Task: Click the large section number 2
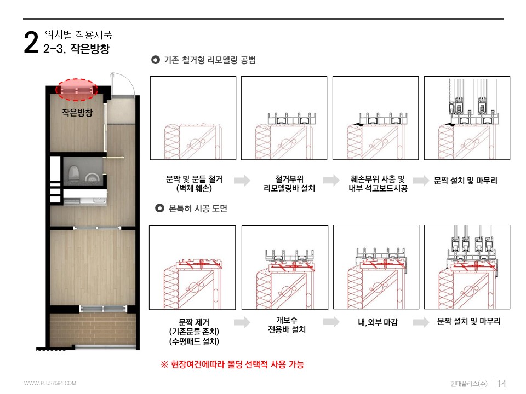click(x=31, y=43)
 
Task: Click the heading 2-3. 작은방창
click(x=77, y=50)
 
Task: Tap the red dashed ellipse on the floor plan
click(x=77, y=90)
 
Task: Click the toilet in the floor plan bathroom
click(x=73, y=173)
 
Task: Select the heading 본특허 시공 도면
click(x=198, y=208)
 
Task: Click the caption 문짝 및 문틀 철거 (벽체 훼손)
click(x=193, y=184)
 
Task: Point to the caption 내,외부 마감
click(x=378, y=323)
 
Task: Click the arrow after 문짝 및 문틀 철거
click(x=242, y=181)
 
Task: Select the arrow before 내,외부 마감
click(x=331, y=322)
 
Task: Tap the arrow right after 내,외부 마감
click(x=421, y=322)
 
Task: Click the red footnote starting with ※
click(x=232, y=364)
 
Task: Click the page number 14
click(x=501, y=384)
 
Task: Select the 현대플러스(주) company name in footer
click(x=465, y=384)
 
